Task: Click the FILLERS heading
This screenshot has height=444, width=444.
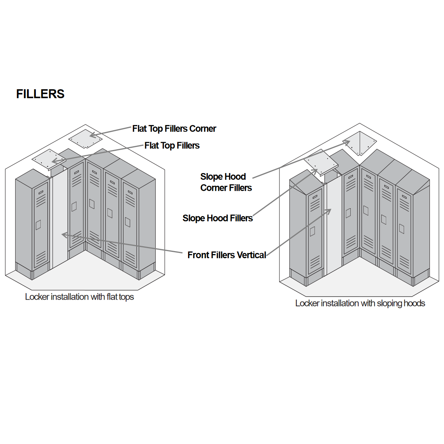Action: click(40, 94)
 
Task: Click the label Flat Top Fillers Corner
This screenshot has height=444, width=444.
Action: click(174, 129)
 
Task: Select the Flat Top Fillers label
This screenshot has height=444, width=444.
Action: click(172, 146)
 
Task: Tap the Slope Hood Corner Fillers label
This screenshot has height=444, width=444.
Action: click(225, 182)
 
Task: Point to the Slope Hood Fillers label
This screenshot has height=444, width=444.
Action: click(217, 218)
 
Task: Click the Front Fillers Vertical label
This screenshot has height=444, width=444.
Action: click(226, 255)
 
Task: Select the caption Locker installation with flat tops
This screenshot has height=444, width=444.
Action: click(79, 297)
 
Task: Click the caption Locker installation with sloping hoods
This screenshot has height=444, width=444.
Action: click(360, 303)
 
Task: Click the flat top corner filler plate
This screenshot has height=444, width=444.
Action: click(85, 139)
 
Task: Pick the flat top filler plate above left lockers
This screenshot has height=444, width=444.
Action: click(49, 160)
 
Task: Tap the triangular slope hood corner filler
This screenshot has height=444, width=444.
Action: click(360, 144)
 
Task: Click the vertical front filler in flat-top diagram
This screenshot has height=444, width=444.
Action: click(59, 220)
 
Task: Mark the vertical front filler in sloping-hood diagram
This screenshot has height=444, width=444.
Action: click(334, 224)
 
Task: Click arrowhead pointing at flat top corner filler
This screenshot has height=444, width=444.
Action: click(93, 135)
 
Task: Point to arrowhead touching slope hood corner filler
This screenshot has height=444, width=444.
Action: click(347, 142)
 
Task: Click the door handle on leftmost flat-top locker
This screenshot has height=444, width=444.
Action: click(38, 225)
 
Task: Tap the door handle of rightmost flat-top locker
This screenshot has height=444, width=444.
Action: click(128, 222)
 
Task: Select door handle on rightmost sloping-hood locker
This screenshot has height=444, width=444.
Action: click(401, 228)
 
